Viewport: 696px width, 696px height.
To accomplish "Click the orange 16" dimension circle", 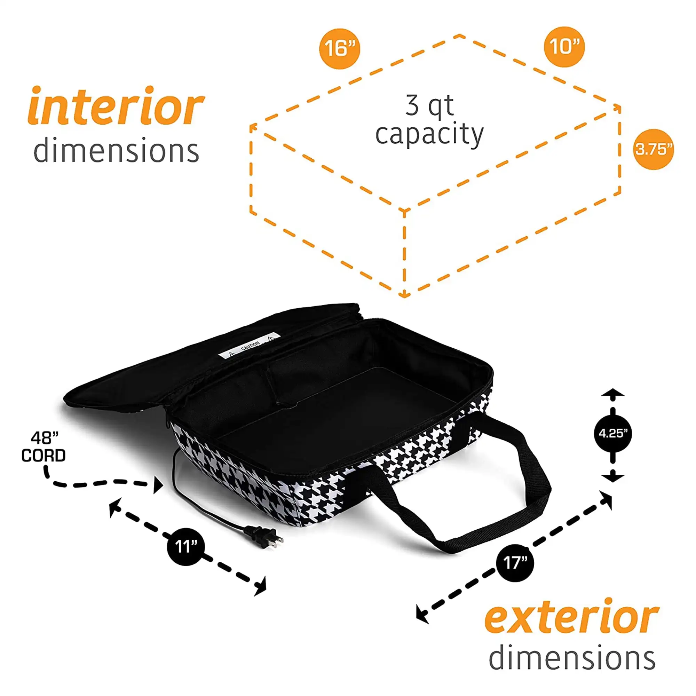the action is coord(339,49).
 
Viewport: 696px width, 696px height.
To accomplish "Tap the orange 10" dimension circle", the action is coord(564,47).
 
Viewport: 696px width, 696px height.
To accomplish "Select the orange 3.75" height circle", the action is coord(653,149).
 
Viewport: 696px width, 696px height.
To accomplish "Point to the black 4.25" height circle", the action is coord(613,433).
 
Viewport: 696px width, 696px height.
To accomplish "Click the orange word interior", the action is coord(116,106).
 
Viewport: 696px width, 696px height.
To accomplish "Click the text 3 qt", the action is coord(429,106).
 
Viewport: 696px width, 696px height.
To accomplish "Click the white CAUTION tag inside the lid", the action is coord(249,346).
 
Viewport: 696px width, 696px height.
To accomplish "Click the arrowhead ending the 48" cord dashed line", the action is coord(158,484).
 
